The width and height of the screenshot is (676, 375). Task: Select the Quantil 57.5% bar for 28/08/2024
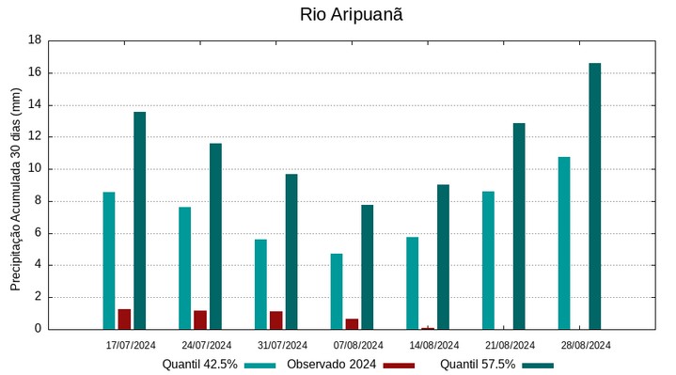tap(594, 196)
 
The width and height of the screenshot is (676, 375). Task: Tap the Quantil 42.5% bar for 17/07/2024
tap(109, 260)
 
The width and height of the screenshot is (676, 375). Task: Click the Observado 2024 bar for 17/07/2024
tap(124, 319)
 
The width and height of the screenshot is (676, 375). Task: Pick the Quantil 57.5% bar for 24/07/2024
tap(215, 236)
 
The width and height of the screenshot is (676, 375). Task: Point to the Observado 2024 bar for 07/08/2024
tap(352, 323)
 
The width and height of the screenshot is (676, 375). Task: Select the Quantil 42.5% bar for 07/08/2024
tap(337, 291)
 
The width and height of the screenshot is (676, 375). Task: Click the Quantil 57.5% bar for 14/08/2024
tap(443, 257)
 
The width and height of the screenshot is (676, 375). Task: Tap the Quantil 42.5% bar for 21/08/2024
tap(488, 260)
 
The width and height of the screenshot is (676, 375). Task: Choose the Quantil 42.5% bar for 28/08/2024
tap(564, 242)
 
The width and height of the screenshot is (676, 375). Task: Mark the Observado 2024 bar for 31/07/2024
tap(275, 320)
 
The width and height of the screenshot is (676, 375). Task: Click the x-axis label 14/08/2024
tap(433, 345)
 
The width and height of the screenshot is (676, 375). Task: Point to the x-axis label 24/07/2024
tap(207, 345)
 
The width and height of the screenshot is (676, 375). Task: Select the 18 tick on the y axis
tap(35, 40)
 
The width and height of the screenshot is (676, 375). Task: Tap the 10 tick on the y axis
tap(35, 169)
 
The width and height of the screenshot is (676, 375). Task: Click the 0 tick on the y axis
tap(38, 329)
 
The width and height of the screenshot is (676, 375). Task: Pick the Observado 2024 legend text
tap(331, 365)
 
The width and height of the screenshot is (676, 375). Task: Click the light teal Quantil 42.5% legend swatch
tap(259, 365)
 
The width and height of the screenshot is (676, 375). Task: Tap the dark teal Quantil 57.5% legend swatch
tap(538, 365)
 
